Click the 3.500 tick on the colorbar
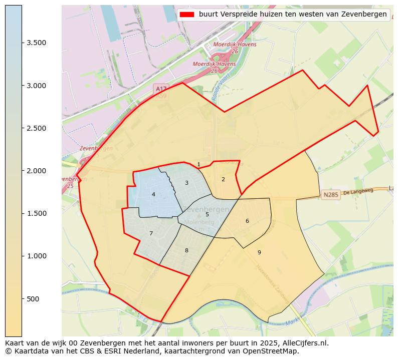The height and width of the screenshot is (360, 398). (x=37, y=43)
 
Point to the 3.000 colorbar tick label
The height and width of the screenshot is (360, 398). (x=37, y=86)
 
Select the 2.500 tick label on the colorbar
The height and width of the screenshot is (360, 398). (x=37, y=128)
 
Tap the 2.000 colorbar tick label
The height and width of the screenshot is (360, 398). (x=37, y=171)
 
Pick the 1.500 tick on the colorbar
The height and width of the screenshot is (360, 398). (x=37, y=213)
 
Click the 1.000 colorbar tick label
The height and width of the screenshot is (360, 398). (x=37, y=256)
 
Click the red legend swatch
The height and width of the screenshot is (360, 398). (x=186, y=15)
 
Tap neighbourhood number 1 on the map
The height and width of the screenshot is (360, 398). (x=198, y=164)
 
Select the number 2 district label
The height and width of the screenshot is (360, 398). (x=223, y=179)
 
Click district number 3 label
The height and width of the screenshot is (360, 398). (x=186, y=183)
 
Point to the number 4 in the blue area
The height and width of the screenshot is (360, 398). (x=153, y=194)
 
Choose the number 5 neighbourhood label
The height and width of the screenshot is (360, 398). (x=207, y=214)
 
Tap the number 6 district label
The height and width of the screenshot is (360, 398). (x=247, y=221)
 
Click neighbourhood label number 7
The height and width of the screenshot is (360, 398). (x=151, y=233)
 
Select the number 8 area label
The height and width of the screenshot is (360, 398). (x=186, y=250)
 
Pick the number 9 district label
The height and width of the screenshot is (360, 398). (x=259, y=252)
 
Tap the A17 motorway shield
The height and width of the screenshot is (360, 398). (x=161, y=89)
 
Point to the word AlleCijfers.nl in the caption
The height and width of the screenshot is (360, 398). (x=304, y=343)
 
